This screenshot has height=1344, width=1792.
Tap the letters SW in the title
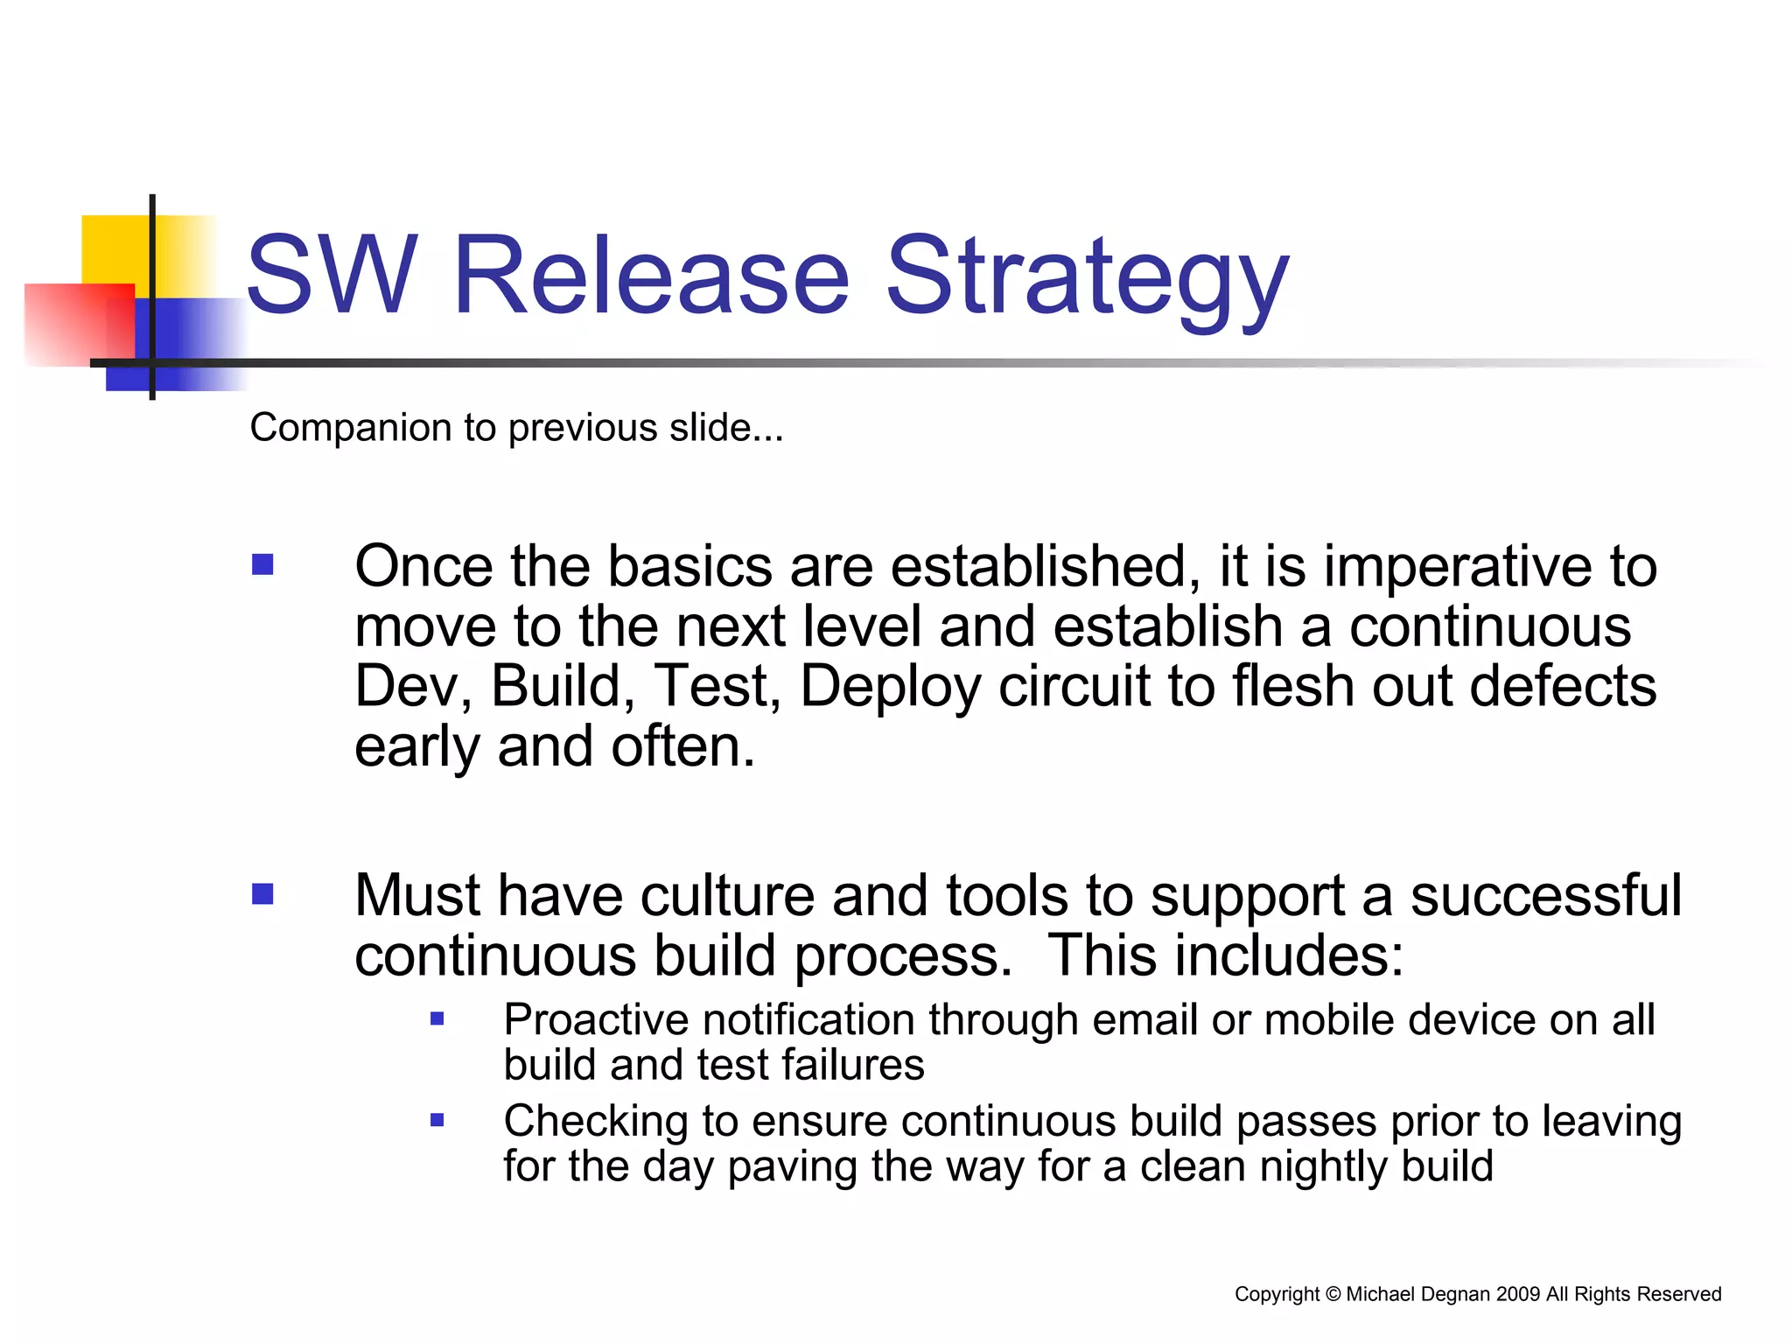331,275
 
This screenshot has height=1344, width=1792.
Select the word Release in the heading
651,275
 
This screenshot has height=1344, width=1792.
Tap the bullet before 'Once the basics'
262,564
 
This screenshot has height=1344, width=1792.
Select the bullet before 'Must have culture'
262,893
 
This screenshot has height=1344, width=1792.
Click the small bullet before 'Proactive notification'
437,1018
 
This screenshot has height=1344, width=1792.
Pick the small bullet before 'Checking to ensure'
437,1119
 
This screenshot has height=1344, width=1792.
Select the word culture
727,896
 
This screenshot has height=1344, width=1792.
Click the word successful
1546,896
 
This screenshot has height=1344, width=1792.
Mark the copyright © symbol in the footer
1333,1294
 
